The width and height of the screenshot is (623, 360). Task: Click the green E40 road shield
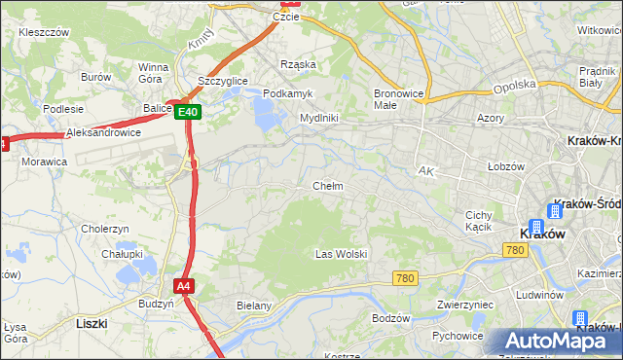(189, 113)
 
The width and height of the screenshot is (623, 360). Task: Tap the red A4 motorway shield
(184, 285)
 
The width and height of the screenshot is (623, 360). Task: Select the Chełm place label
(327, 186)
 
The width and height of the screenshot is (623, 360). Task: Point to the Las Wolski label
(341, 254)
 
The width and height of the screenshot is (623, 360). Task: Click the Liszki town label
(92, 322)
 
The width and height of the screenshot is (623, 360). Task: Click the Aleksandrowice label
(103, 132)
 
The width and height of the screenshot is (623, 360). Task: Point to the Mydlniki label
(318, 118)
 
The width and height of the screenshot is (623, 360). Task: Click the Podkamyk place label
(286, 92)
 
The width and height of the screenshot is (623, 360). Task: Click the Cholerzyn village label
(105, 229)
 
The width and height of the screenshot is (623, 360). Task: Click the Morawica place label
(44, 162)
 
